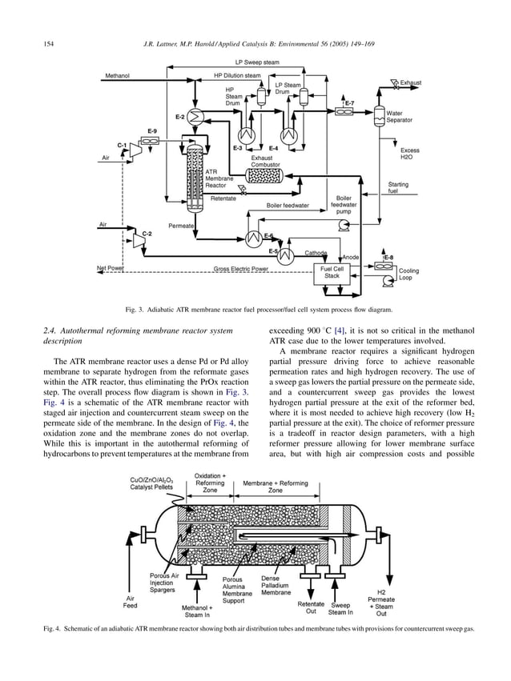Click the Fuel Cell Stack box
tap(331, 273)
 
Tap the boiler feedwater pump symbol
tap(344, 226)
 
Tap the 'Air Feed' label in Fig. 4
tap(129, 601)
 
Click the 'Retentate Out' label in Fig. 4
tap(311, 608)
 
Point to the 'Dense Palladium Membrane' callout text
tap(276, 586)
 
